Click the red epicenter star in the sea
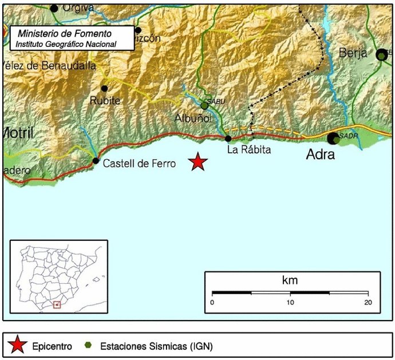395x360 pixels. point(198,162)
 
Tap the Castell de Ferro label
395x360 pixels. point(139,163)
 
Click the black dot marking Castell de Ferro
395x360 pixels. point(96,161)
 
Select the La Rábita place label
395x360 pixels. point(248,150)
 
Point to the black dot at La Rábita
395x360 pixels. point(228,139)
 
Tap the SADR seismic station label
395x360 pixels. point(348,136)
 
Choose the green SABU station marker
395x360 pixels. point(204,106)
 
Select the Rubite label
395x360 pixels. point(105,101)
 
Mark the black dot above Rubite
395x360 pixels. point(104,88)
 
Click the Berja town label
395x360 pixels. point(353,53)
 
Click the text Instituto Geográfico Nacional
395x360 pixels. point(66,44)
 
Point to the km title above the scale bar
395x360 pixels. point(290,280)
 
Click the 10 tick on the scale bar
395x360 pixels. point(290,302)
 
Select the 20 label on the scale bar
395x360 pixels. point(368,302)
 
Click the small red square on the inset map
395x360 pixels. point(57,304)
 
